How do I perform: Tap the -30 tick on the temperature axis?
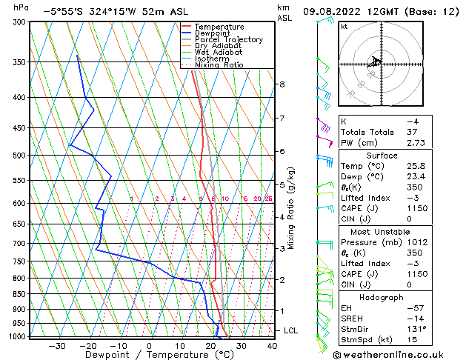tap(56, 345)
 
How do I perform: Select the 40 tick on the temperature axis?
tap(272, 345)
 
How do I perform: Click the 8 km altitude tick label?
tap(282, 84)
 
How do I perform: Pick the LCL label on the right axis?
tap(291, 330)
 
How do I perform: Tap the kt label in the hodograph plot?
tap(344, 27)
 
